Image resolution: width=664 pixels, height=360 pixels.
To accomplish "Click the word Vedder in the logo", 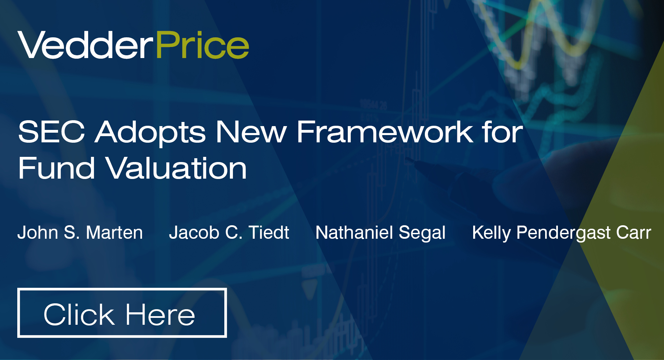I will coord(85,45).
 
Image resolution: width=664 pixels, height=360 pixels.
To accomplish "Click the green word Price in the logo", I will coord(203,45).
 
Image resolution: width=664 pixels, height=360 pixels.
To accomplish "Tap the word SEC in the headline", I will coord(52,132).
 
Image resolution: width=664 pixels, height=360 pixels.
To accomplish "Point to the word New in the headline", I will coord(251,132).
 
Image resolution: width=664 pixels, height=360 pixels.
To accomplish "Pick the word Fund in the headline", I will coord(56,169).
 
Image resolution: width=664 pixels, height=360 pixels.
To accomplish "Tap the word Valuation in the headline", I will coord(176,169).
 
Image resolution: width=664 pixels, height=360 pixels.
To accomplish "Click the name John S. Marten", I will coord(80,233).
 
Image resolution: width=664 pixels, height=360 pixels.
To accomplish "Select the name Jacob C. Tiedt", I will coord(229,233).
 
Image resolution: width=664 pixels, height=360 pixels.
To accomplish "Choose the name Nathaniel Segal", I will coord(381,233).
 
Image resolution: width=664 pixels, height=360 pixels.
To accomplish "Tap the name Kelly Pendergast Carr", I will coord(561,233).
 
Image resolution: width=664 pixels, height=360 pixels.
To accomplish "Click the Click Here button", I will coord(122,313).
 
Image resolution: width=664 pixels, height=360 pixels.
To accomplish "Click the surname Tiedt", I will coord(269,233).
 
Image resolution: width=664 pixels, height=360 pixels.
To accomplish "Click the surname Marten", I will coord(114,233).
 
